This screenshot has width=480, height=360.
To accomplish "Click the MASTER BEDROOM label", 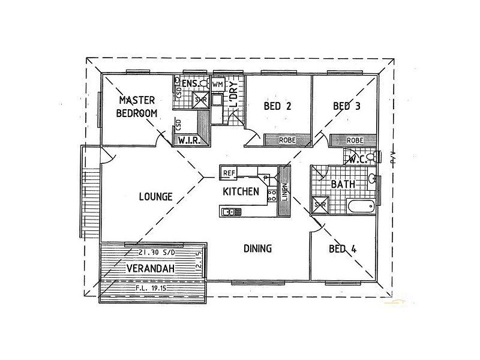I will tap(137, 106).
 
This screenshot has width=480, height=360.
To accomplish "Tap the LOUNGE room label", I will tap(155, 196).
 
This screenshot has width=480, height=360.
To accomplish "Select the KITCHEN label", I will tap(241, 192).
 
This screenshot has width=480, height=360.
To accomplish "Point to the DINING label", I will tap(258, 248).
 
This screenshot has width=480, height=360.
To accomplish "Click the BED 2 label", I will tap(278, 107).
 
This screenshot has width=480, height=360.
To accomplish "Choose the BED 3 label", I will tap(347, 107).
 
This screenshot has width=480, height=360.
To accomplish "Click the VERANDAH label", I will tap(150, 269).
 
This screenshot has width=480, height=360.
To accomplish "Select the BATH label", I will tap(342, 185).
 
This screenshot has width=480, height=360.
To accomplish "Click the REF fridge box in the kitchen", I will tap(229, 173).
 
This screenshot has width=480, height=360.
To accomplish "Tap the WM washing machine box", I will tap(217, 85).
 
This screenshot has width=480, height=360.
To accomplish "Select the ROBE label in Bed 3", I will tap(355, 140).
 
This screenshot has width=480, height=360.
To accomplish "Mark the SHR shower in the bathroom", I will tap(319, 205).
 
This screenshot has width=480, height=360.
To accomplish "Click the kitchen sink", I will tap(230, 211).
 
